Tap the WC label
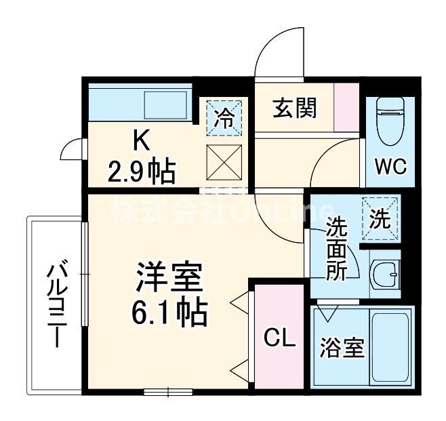[390, 166]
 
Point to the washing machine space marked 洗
[380, 218]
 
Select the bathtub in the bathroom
[391, 347]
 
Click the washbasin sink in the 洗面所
[387, 275]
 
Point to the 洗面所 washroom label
[337, 249]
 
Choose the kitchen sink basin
[165, 105]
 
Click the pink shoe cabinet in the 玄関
[347, 107]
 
